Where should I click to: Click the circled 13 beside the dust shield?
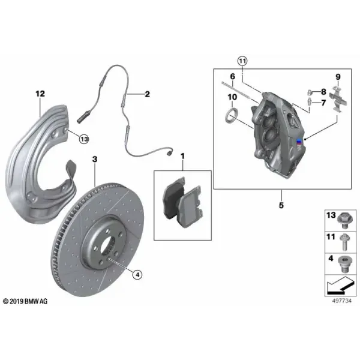[84, 139]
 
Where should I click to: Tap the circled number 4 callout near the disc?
[137, 275]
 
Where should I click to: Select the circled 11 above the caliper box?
[242, 61]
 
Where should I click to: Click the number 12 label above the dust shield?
[40, 94]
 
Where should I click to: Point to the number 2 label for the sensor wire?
[147, 94]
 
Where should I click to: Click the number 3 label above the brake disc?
[95, 159]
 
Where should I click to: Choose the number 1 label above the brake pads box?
[182, 157]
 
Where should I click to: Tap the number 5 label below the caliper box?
[281, 205]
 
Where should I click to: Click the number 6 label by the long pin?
[233, 76]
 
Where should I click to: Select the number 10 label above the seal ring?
[232, 97]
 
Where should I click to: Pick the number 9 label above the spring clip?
[338, 77]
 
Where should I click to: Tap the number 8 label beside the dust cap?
[323, 92]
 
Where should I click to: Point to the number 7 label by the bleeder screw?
[323, 103]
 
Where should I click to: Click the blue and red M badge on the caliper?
[299, 142]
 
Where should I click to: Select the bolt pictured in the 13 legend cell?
[344, 220]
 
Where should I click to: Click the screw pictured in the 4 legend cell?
[344, 264]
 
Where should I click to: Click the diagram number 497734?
[341, 301]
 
